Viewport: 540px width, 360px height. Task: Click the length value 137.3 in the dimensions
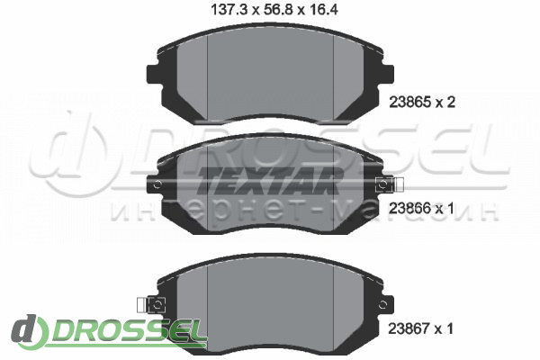pyautogui.click(x=229, y=10)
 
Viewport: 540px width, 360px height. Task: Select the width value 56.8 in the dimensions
pyautogui.click(x=278, y=10)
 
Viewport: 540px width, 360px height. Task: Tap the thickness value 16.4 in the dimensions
pyautogui.click(x=322, y=10)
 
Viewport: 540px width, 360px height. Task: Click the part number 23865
pyautogui.click(x=410, y=103)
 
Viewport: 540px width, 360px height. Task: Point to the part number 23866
pyautogui.click(x=409, y=209)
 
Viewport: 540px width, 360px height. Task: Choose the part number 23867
pyautogui.click(x=409, y=328)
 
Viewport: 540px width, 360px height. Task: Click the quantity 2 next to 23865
pyautogui.click(x=451, y=103)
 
